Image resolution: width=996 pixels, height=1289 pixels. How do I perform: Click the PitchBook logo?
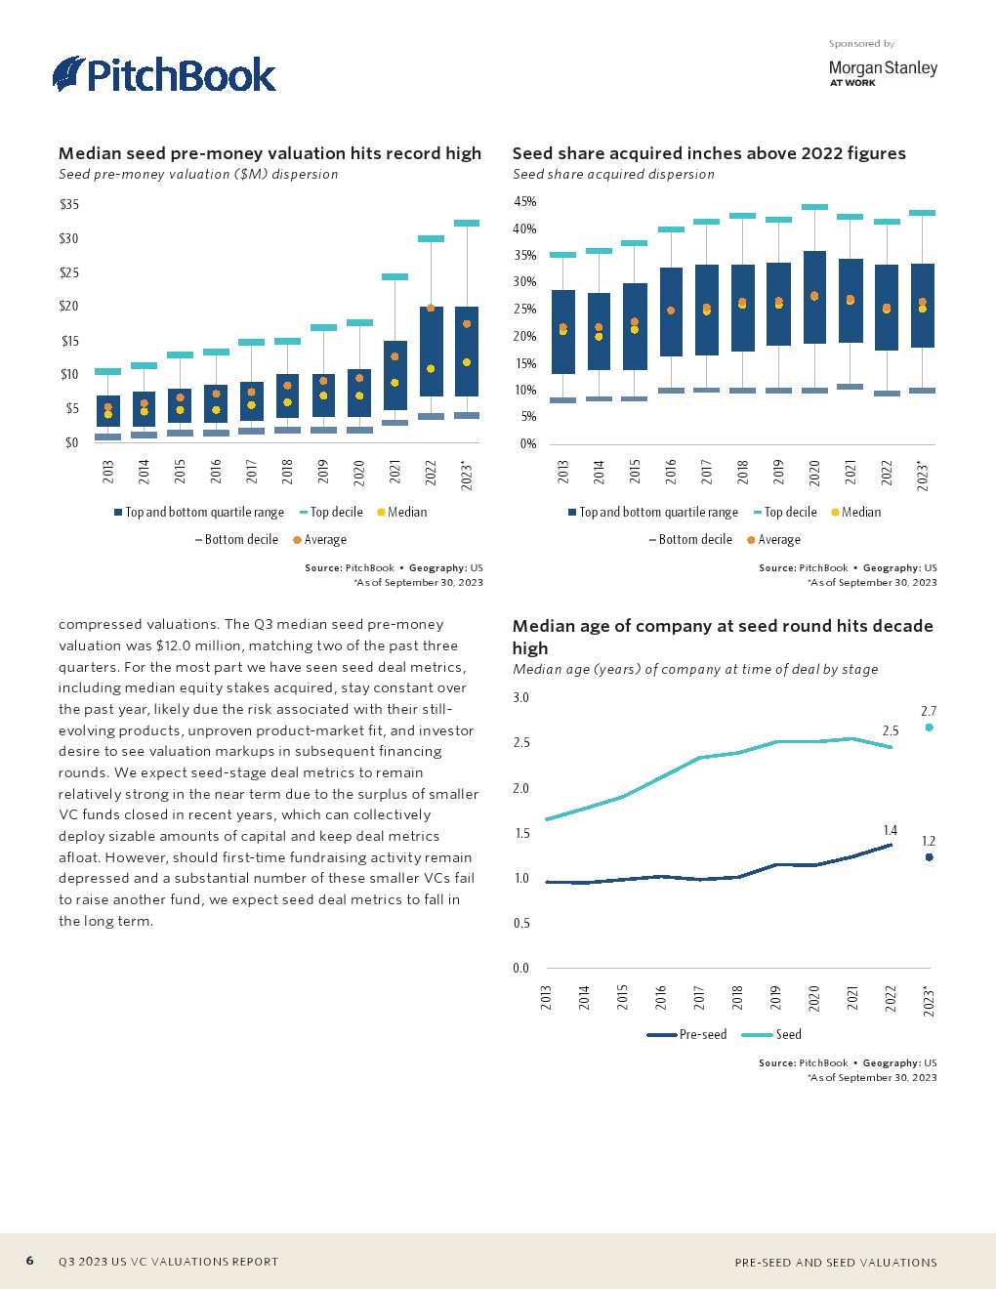pos(164,75)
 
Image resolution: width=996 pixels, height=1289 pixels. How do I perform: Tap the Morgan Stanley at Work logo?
pos(882,72)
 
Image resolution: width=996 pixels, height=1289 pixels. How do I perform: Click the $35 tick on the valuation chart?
pos(69,204)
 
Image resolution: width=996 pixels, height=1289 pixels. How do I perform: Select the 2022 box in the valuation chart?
pos(431,352)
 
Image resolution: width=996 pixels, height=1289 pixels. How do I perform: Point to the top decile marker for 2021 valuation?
pos(394,277)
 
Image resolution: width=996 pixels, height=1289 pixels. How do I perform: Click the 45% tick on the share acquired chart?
pos(524,202)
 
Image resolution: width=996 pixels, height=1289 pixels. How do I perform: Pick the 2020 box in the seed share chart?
pos(814,297)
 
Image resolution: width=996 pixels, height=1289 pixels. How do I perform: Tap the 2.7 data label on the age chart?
pos(929,711)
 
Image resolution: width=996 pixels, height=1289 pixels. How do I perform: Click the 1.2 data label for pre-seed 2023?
pos(929,841)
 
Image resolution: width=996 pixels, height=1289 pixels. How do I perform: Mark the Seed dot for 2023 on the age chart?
pos(929,728)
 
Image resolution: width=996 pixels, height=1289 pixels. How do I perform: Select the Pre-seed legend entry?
pos(687,1034)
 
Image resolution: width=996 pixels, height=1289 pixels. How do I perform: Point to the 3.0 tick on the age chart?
pos(520,697)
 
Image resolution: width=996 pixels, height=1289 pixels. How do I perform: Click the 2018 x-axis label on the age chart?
pos(737,997)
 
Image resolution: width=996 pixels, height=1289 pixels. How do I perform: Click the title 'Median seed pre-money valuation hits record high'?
pos(270,153)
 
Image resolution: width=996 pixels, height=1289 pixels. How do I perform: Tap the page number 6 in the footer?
pos(30,1261)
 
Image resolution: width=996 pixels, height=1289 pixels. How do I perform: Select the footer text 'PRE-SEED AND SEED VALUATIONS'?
pos(835,1262)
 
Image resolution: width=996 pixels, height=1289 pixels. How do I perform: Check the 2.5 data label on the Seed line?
pos(890,730)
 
